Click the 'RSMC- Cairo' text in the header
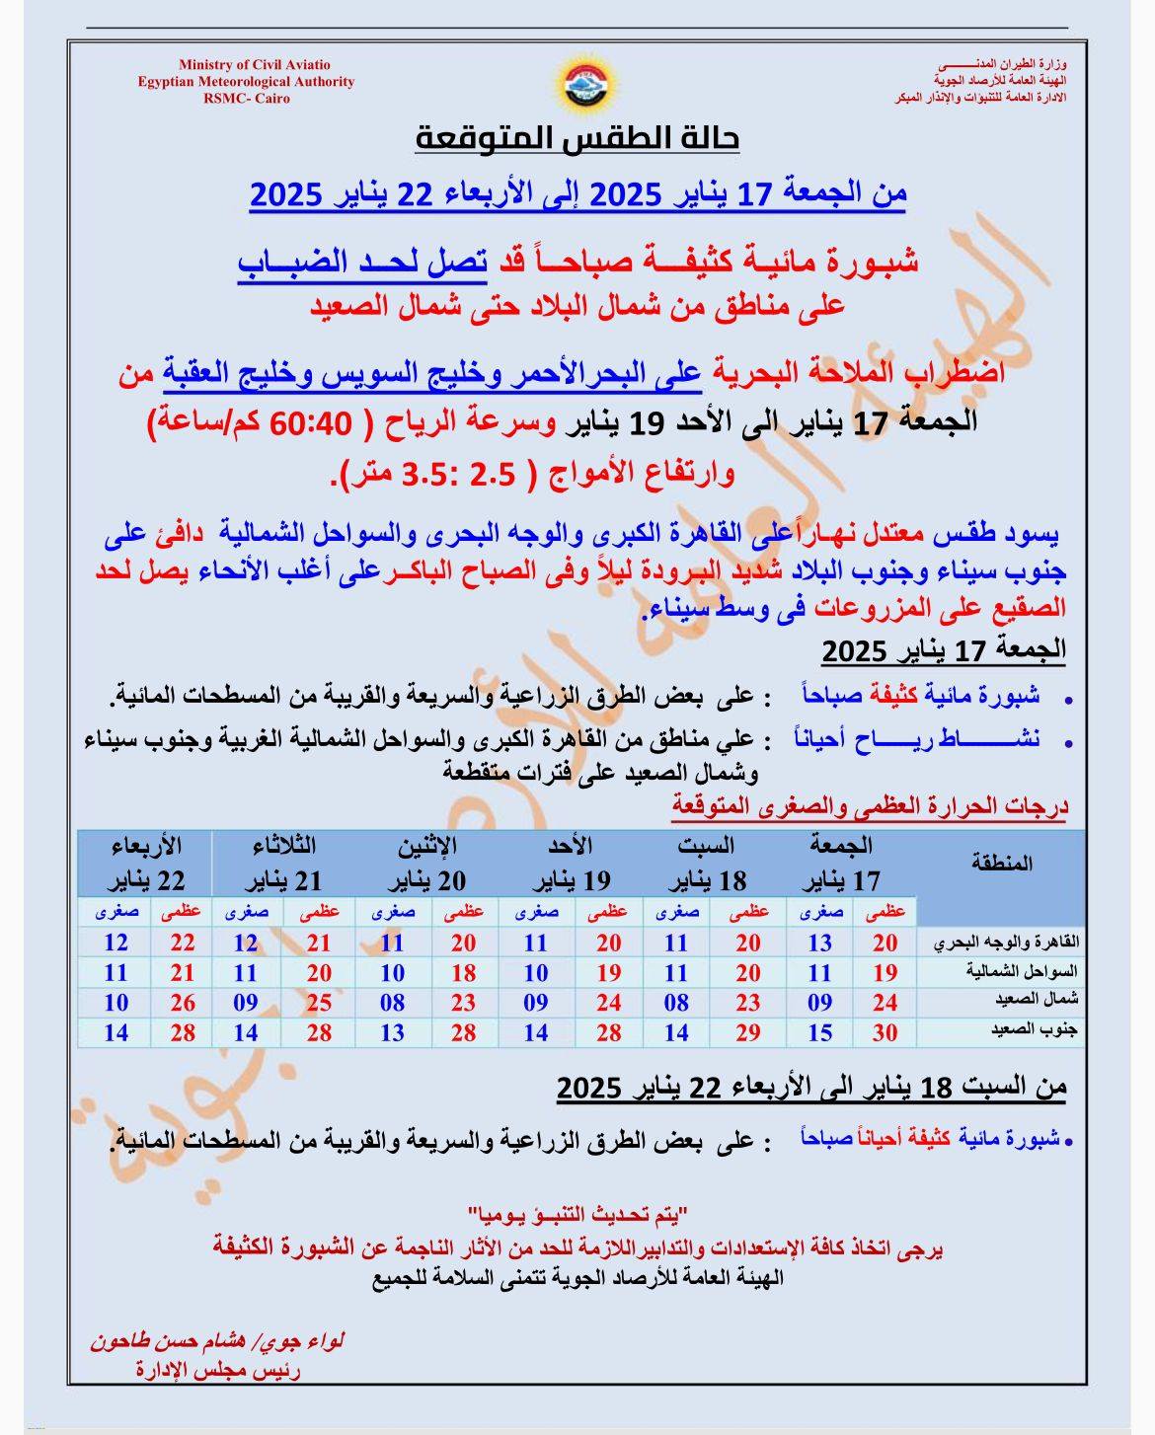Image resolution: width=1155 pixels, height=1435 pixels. (x=247, y=99)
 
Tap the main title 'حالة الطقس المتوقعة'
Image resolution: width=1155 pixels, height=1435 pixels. (x=577, y=139)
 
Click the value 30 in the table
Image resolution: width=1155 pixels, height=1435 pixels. (x=885, y=1032)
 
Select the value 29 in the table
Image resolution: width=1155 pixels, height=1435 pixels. (x=747, y=1032)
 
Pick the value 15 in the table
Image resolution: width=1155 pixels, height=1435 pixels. (x=819, y=1032)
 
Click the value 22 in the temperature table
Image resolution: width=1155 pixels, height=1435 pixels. (x=183, y=943)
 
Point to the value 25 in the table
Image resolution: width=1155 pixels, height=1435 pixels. (x=318, y=1003)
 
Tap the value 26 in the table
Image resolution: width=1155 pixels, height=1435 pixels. (x=183, y=1003)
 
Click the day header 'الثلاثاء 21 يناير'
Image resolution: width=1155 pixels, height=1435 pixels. (x=282, y=864)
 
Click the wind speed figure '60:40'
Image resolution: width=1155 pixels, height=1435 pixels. (x=315, y=423)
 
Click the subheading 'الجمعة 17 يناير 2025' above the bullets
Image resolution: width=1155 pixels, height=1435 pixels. (x=944, y=650)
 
